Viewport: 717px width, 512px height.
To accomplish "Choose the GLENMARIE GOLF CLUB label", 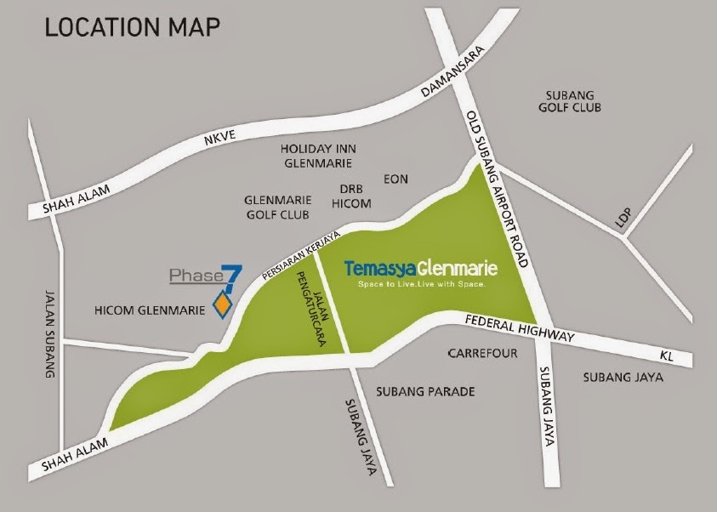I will point(276,208).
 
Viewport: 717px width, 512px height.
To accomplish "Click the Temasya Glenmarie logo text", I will point(421,268).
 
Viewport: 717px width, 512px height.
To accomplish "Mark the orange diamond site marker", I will point(223,304).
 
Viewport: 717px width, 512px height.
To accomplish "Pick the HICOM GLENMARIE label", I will point(148,311).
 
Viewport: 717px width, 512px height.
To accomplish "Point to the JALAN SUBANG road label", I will point(48,332).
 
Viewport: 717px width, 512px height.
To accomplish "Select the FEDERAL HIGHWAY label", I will point(521,328).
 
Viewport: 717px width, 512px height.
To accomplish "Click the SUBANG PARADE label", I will point(424,392).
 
